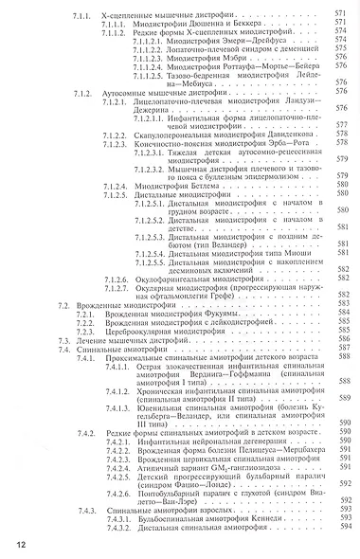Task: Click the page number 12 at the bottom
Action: point(20,543)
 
